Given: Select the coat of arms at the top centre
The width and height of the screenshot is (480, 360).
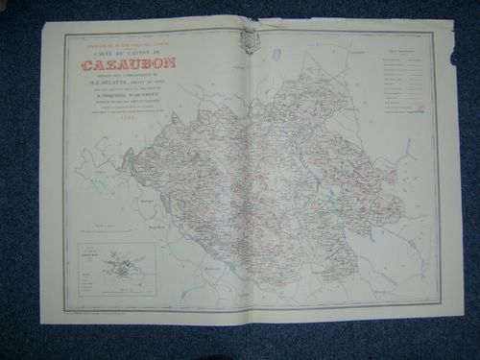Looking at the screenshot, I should pos(250,40).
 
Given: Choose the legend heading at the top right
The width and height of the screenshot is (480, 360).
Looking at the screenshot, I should pos(406,48).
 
